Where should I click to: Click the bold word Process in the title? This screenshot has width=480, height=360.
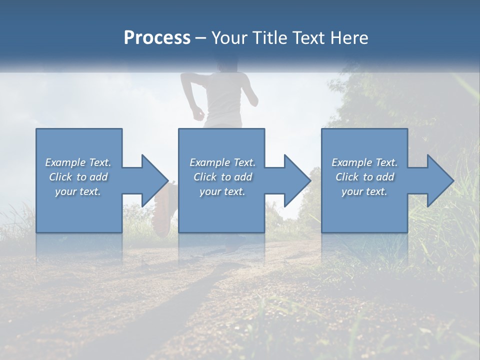tap(157, 38)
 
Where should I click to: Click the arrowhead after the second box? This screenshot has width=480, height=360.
tap(296, 180)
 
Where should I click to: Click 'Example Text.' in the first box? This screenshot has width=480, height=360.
tap(78, 162)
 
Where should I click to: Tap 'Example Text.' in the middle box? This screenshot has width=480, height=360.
tap(222, 162)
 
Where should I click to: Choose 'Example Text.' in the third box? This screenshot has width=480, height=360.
tap(364, 162)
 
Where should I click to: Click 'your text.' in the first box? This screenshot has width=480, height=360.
tap(78, 191)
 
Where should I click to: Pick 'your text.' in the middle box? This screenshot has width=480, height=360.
tap(222, 191)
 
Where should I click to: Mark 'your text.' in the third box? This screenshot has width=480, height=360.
tap(364, 191)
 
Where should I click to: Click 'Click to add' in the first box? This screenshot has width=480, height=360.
tap(78, 177)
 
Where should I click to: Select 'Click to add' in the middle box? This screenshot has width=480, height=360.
tap(222, 177)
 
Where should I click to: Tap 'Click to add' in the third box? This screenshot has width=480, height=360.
tap(364, 177)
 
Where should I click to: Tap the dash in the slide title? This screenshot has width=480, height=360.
tap(201, 38)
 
